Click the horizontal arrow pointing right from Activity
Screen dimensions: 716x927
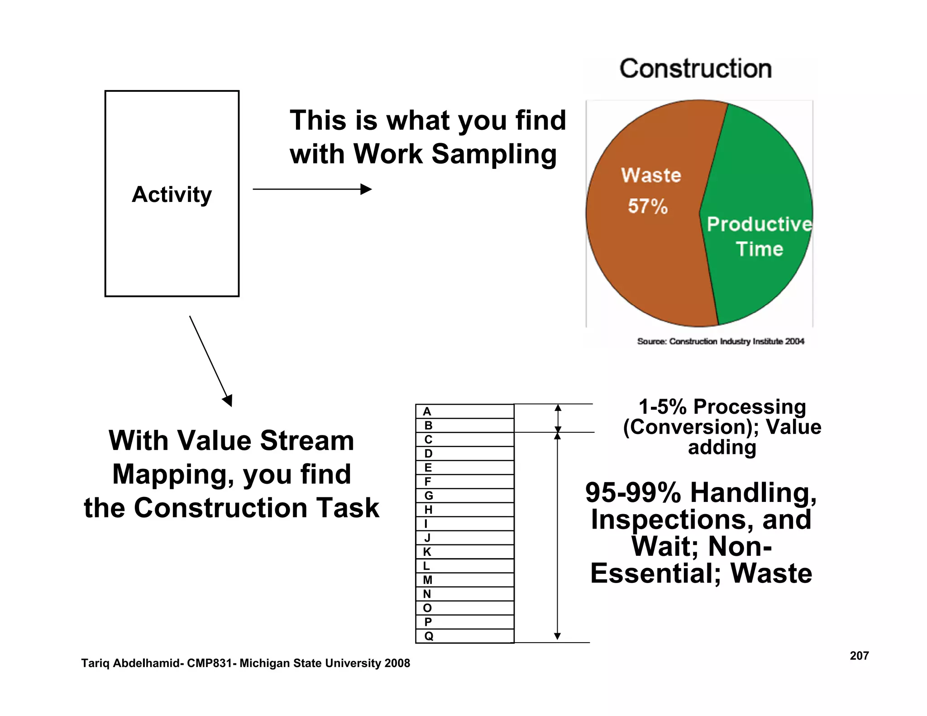click(x=312, y=189)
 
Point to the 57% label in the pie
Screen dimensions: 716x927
click(x=648, y=206)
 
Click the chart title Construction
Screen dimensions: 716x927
click(x=696, y=69)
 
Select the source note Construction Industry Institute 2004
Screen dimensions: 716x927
click(x=721, y=341)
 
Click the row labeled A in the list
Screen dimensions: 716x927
click(x=464, y=411)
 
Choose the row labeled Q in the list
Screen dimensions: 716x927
click(x=464, y=636)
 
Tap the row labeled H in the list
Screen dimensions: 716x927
click(x=464, y=510)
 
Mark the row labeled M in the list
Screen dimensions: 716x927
click(x=464, y=580)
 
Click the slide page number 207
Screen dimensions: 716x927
click(x=859, y=656)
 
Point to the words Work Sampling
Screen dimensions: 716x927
click(x=455, y=154)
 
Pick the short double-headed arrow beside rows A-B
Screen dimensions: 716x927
click(x=558, y=418)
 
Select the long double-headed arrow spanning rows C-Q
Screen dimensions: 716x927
click(x=558, y=536)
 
